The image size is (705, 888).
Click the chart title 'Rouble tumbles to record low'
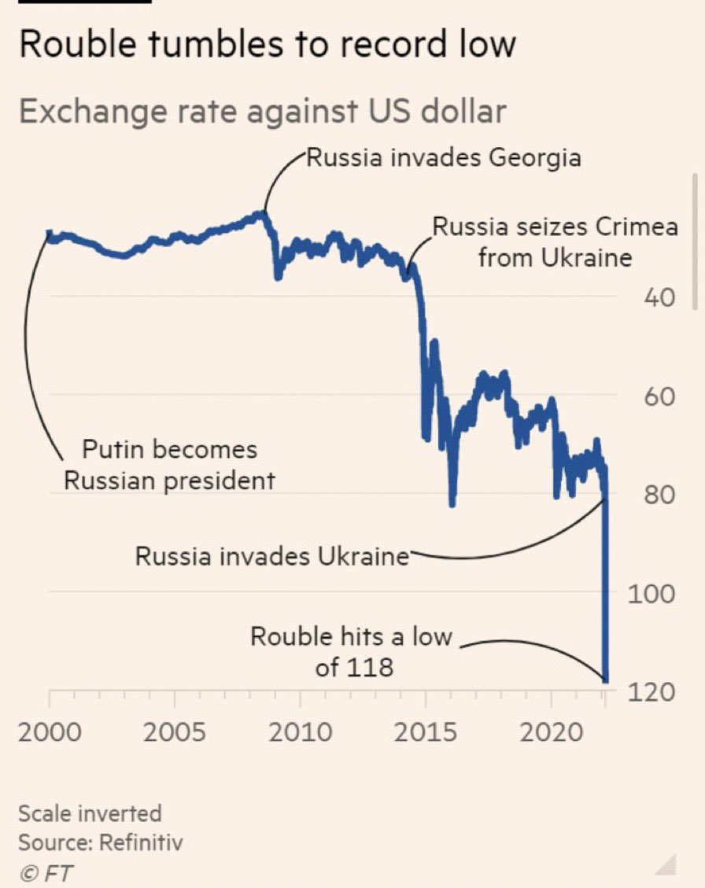(267, 44)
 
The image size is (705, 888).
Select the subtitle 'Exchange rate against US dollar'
(262, 112)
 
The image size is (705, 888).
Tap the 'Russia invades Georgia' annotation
(443, 158)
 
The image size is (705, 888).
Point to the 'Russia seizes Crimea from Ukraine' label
(555, 241)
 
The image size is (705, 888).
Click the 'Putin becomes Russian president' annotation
(169, 464)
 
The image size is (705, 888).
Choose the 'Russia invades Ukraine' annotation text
(272, 556)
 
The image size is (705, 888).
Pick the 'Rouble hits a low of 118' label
(352, 651)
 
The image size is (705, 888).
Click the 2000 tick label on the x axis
(50, 732)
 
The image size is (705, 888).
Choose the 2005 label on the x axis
(175, 732)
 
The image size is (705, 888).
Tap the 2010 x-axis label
(300, 732)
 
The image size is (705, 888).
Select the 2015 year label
(426, 732)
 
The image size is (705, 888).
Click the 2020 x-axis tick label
(551, 732)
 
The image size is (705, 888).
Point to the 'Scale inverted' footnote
(90, 812)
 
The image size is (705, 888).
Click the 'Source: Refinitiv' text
(101, 843)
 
